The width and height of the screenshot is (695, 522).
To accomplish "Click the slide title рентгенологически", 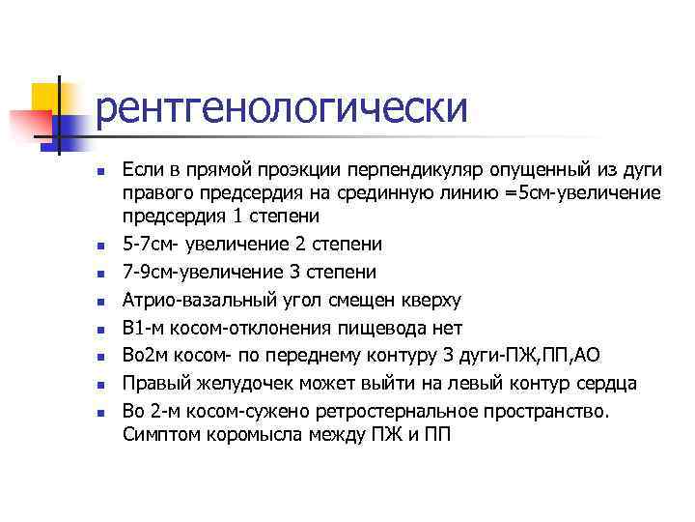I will (282, 108).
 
